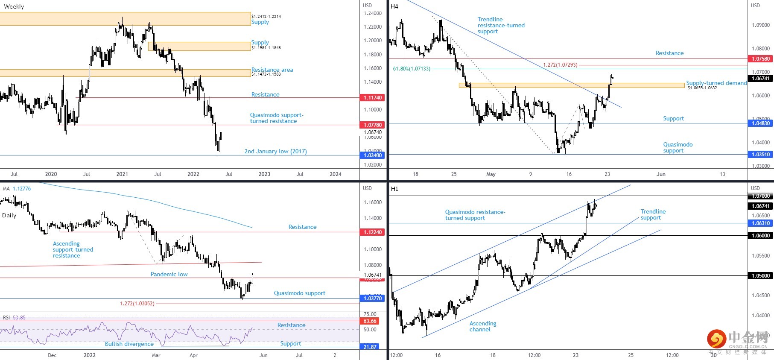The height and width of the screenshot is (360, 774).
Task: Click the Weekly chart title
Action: (x=14, y=6)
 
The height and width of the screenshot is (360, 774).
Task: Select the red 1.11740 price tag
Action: (x=372, y=98)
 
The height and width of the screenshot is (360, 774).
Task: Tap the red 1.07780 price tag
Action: (x=372, y=125)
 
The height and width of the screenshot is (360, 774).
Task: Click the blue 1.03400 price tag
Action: (x=372, y=155)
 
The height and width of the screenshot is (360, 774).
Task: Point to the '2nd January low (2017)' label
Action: (x=275, y=151)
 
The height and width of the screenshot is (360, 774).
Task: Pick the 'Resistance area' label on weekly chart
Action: (x=272, y=70)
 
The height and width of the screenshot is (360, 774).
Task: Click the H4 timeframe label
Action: (x=394, y=6)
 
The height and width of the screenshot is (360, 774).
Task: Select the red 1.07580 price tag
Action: (x=760, y=59)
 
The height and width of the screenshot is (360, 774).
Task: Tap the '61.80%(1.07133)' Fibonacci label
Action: (x=412, y=69)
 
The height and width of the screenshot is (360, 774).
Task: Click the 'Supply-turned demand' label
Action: (x=716, y=83)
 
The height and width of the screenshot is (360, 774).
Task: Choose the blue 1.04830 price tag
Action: (x=760, y=123)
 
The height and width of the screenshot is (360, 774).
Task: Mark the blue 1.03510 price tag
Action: (x=760, y=155)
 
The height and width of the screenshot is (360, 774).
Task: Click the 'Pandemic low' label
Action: (x=169, y=274)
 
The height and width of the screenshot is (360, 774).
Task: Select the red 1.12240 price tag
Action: (x=372, y=232)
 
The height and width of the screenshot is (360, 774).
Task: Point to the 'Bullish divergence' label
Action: (x=129, y=344)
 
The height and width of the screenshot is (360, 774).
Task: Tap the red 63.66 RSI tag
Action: (x=370, y=321)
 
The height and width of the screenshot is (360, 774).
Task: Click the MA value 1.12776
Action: (x=22, y=189)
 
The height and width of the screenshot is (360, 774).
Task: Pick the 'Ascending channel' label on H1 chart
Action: (x=482, y=326)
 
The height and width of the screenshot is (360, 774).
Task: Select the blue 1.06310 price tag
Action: (x=760, y=223)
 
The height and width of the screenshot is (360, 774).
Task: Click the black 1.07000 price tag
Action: (x=760, y=196)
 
